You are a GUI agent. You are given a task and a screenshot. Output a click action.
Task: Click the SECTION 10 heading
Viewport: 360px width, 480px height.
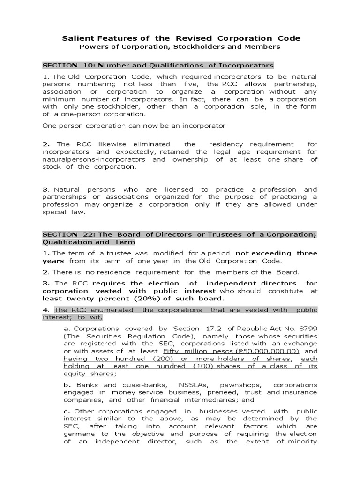coord(158,65)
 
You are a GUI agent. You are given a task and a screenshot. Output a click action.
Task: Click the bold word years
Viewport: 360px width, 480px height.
coord(53,261)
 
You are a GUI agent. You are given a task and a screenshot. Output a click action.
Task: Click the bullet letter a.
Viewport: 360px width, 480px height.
coord(67,329)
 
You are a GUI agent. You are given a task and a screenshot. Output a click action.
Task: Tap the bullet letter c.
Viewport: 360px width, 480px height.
coord(67,411)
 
